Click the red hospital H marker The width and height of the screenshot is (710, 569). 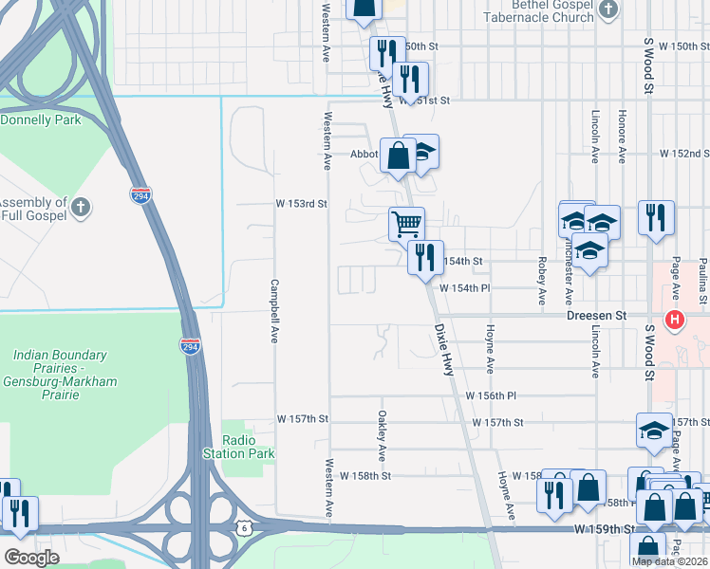coord(675,320)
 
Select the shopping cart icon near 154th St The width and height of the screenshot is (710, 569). coord(406,225)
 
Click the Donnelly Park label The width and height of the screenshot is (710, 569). coord(40,120)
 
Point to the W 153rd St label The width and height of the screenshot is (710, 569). coord(301,203)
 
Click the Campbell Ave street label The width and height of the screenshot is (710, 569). coord(274,310)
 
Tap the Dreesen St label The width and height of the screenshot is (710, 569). coord(598,314)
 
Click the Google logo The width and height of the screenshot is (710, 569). coord(31,557)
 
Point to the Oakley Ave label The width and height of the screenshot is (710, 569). coord(382,430)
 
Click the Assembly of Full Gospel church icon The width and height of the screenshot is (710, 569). coord(82,206)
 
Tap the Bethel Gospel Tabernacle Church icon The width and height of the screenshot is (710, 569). coord(609,9)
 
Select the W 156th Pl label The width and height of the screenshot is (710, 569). coord(490,395)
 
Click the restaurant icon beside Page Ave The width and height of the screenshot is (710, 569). coord(657,218)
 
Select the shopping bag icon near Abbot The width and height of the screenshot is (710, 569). coord(399,155)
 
